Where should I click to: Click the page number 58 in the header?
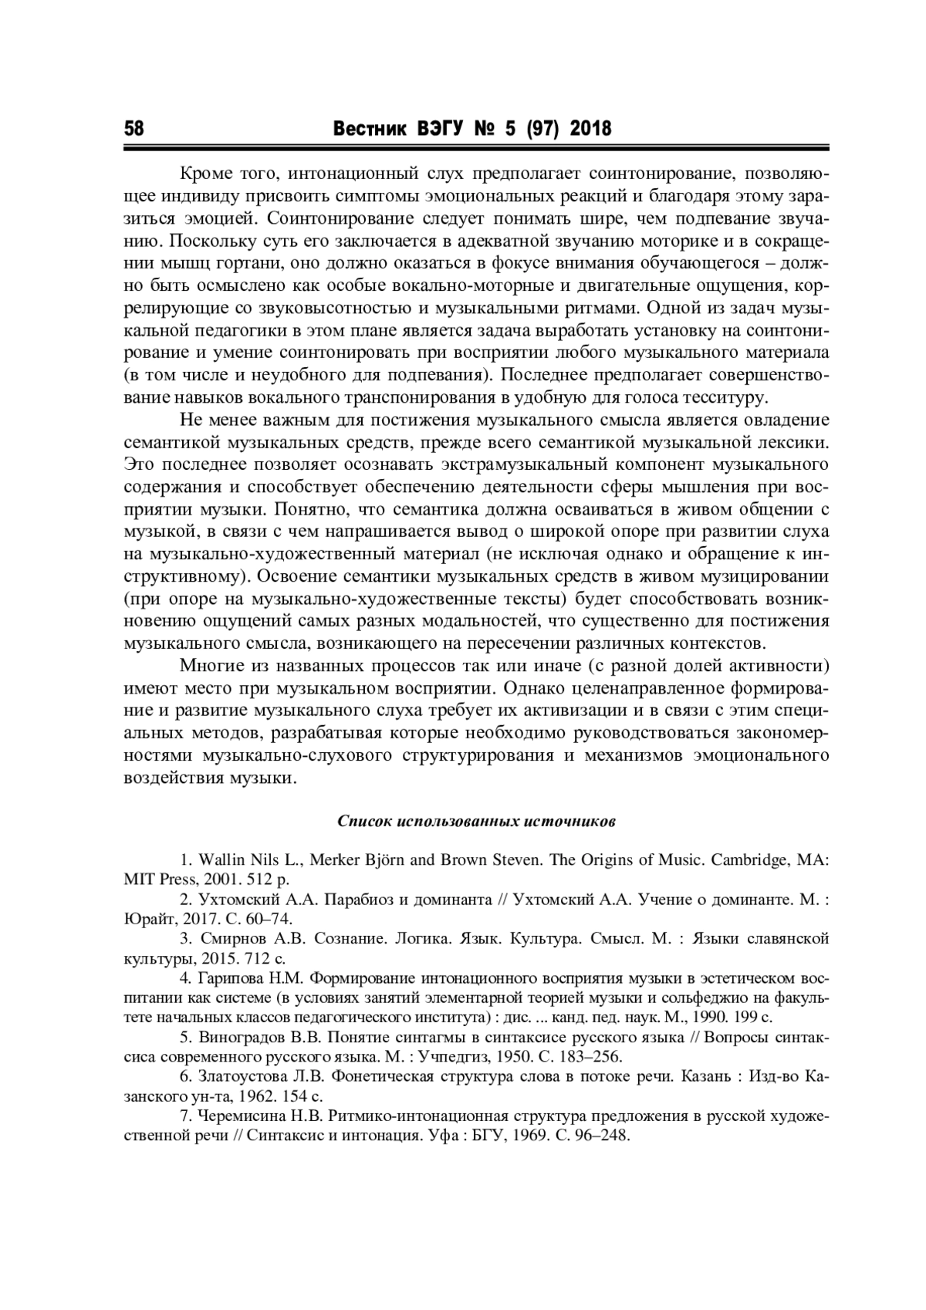(x=134, y=128)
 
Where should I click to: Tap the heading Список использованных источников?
(x=476, y=821)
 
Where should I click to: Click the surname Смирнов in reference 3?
(x=228, y=939)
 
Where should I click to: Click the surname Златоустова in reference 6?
(x=240, y=1076)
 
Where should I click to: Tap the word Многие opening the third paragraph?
(x=208, y=665)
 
